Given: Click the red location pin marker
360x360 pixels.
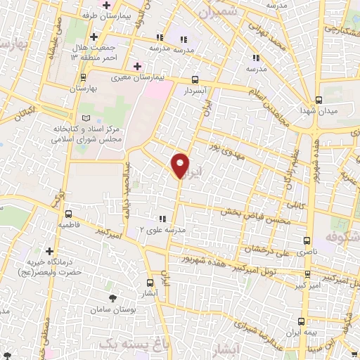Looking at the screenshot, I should click(x=181, y=165).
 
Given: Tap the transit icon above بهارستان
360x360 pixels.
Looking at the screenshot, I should click(x=84, y=77).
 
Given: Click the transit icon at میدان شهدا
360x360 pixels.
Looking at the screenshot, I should click(x=319, y=99).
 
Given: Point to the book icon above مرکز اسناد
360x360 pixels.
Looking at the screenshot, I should click(x=86, y=118).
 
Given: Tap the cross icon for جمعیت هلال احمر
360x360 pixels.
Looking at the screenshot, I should click(x=94, y=36).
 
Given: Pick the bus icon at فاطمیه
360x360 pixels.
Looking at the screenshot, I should click(x=69, y=214).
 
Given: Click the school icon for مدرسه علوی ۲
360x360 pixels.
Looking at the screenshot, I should click(x=162, y=219).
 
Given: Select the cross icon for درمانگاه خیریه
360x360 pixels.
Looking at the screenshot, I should click(x=49, y=250).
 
